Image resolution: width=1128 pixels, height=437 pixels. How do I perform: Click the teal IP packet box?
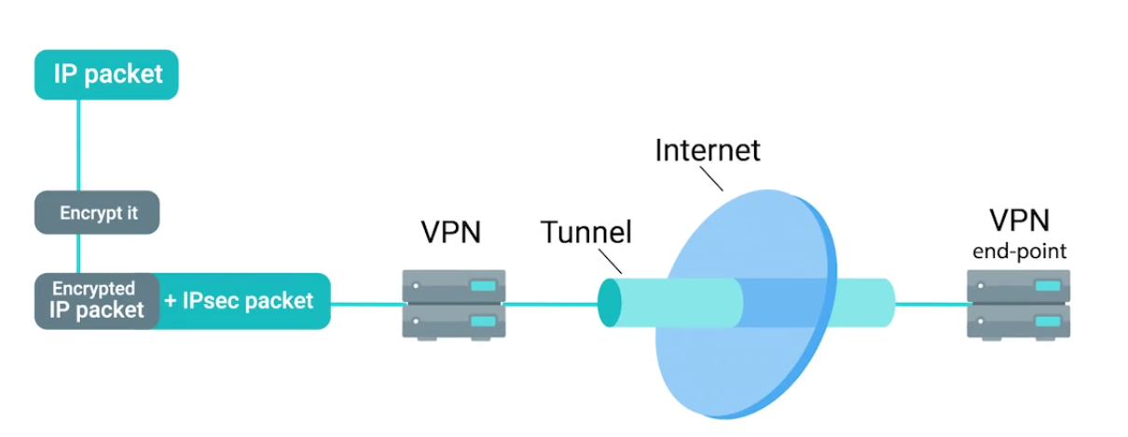pyautogui.click(x=106, y=75)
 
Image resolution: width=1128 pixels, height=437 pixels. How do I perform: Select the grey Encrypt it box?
pyautogui.click(x=98, y=213)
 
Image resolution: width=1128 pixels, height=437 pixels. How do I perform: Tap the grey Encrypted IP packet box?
pyautogui.click(x=92, y=300)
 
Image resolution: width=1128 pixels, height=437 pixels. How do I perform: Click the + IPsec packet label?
pyautogui.click(x=240, y=301)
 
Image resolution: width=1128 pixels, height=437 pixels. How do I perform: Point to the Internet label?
pyautogui.click(x=708, y=149)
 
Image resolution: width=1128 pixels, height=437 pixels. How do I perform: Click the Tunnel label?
pyautogui.click(x=585, y=231)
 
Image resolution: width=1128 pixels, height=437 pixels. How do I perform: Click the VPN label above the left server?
pyautogui.click(x=451, y=231)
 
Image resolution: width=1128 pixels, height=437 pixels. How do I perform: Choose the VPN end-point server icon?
pyautogui.click(x=1019, y=303)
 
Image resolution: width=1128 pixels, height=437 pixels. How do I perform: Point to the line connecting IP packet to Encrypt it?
pyautogui.click(x=78, y=145)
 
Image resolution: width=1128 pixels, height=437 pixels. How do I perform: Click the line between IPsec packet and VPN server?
pyautogui.click(x=368, y=302)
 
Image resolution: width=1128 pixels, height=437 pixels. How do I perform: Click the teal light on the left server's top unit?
pyautogui.click(x=482, y=284)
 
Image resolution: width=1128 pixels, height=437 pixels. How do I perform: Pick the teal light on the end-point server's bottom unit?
pyautogui.click(x=1046, y=321)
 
